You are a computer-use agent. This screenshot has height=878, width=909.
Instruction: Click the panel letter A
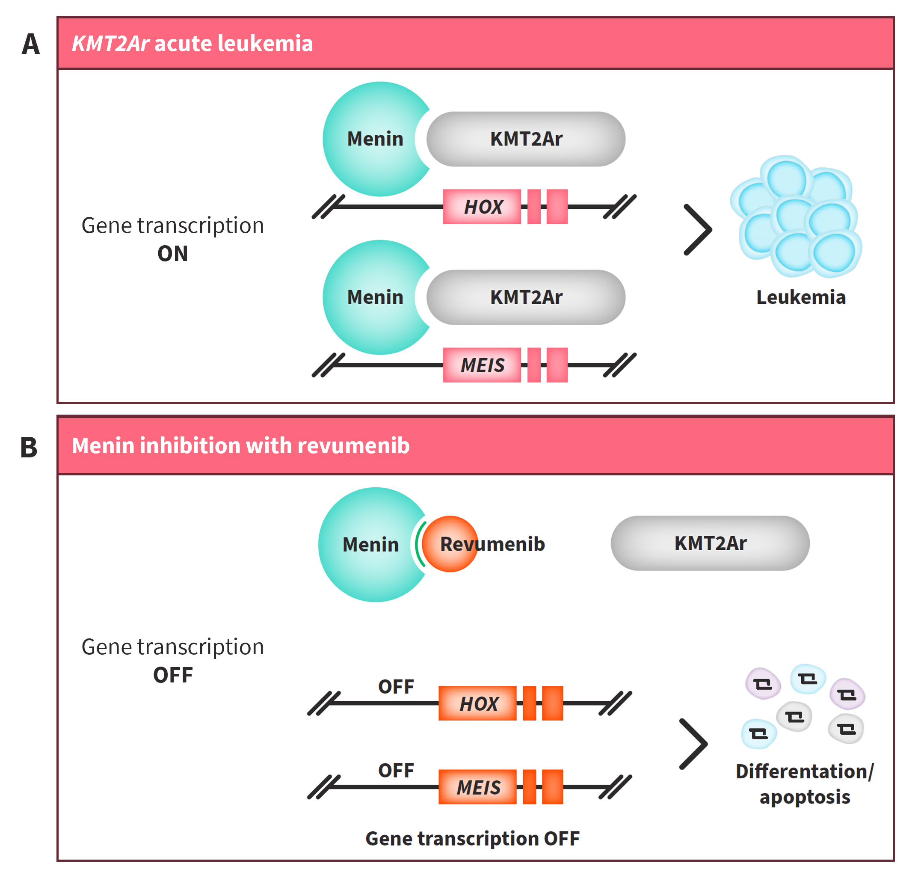click(31, 44)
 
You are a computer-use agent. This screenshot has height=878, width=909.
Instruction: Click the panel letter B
click(29, 448)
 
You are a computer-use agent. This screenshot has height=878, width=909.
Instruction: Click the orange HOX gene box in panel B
click(478, 703)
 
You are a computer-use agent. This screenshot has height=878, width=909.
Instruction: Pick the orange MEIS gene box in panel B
click(478, 787)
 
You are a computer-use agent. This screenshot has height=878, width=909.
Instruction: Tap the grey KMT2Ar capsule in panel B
click(710, 543)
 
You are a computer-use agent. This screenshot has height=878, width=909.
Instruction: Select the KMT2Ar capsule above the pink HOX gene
click(526, 139)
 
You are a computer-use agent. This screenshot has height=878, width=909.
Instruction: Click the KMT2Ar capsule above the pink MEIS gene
click(526, 297)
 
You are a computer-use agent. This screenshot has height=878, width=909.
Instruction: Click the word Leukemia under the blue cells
click(801, 297)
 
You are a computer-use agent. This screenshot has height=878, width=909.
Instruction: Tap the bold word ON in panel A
click(172, 254)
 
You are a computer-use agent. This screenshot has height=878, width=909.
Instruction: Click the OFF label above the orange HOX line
click(396, 687)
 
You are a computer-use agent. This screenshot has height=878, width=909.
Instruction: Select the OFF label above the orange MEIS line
click(396, 771)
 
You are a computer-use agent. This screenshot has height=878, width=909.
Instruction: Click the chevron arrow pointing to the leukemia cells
click(698, 230)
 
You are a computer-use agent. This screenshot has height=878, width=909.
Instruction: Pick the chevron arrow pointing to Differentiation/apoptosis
click(693, 744)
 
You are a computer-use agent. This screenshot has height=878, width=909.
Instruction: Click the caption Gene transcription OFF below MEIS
click(472, 839)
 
